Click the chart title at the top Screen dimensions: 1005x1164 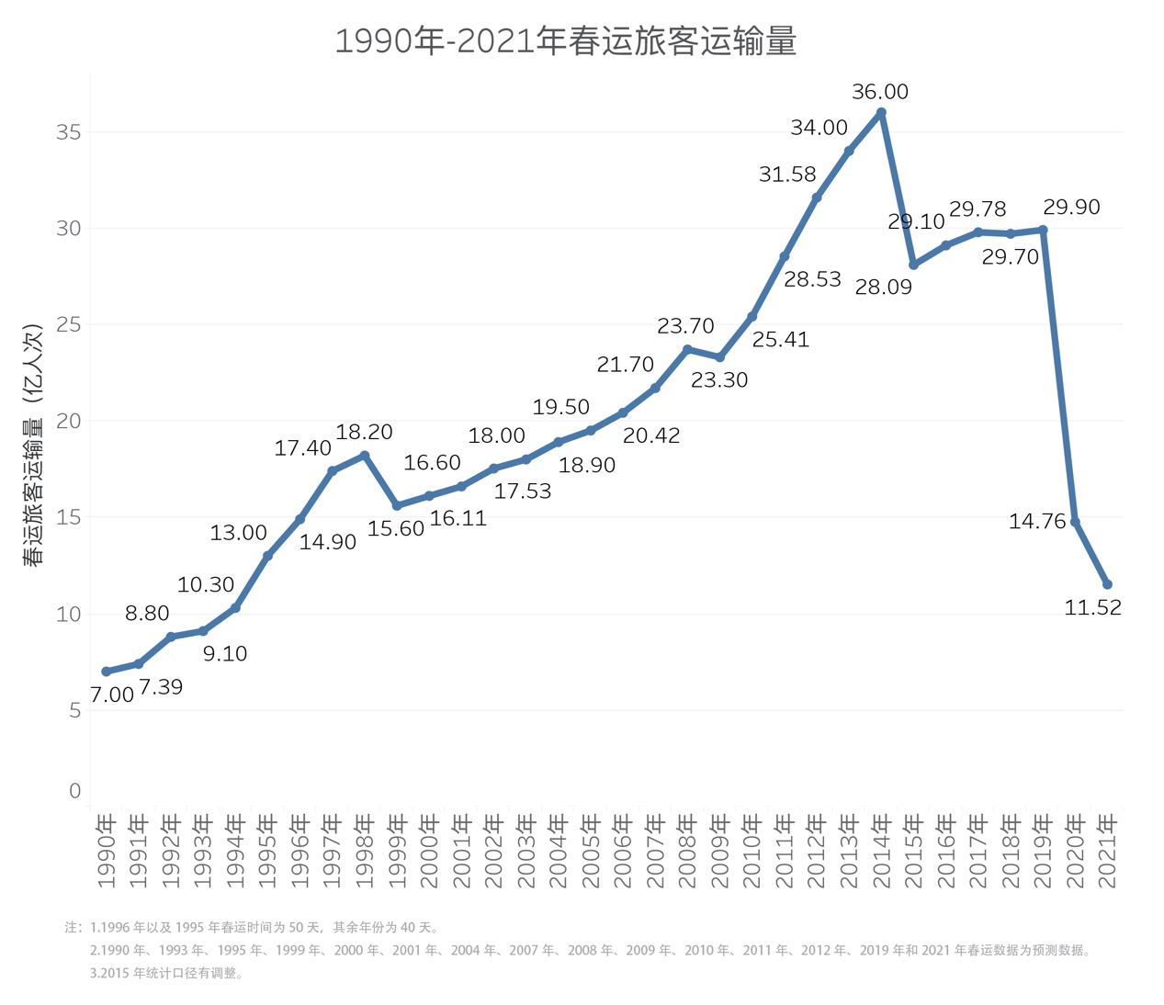(565, 42)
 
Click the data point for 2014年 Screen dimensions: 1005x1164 (881, 113)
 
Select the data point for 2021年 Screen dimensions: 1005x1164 (1107, 584)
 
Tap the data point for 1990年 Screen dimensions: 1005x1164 (107, 672)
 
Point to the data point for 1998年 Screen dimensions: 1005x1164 (365, 456)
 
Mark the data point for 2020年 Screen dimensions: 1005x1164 (1075, 522)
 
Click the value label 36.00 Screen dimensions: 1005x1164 (880, 92)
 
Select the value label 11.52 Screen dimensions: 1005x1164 (1092, 608)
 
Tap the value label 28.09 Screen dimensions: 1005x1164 (883, 288)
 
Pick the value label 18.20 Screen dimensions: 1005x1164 (365, 432)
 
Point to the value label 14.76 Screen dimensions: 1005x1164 (1036, 522)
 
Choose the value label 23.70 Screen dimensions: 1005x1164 (685, 326)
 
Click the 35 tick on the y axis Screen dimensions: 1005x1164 (69, 132)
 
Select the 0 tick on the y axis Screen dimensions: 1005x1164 (74, 791)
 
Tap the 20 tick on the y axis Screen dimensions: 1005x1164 (69, 421)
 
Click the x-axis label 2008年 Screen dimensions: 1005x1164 (688, 851)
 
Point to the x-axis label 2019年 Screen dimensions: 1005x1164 (1043, 851)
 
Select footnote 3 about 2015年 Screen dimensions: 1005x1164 (166, 974)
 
